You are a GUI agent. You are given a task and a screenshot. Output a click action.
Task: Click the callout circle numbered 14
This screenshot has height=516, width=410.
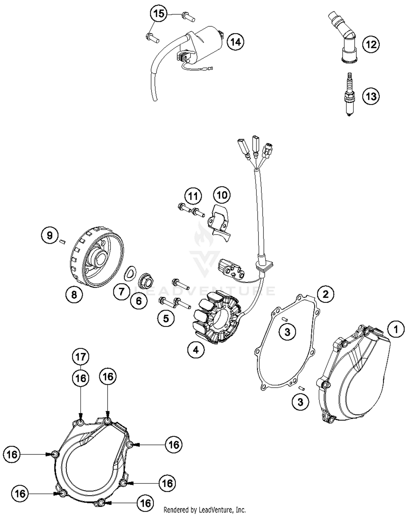tap(235, 42)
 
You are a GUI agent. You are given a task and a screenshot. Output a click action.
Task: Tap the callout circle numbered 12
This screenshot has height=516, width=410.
tap(371, 44)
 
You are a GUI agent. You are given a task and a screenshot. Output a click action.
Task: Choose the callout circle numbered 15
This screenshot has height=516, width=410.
tap(159, 14)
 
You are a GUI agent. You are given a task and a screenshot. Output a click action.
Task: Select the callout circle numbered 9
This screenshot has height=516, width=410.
tap(49, 235)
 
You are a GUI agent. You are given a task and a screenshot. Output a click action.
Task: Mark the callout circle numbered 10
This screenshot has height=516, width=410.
tap(222, 195)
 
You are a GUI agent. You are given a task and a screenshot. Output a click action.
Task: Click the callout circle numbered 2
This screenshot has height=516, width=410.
tap(325, 294)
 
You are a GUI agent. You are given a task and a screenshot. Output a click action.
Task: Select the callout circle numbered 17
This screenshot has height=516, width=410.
tap(81, 357)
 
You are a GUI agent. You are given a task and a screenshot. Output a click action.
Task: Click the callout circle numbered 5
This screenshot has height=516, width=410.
tap(166, 318)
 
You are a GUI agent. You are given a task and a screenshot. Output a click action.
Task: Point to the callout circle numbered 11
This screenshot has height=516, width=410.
tap(193, 196)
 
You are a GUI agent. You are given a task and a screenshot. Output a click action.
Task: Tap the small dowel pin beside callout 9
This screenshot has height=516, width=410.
tap(62, 241)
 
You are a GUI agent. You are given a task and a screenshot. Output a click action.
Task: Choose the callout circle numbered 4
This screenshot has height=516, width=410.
tap(196, 349)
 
